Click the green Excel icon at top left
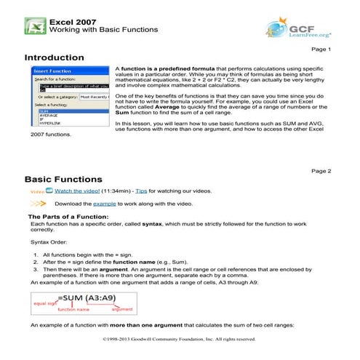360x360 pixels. click(x=33, y=25)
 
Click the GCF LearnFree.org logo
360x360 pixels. click(x=298, y=28)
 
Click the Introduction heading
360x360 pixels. click(x=54, y=57)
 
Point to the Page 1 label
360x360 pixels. click(x=321, y=49)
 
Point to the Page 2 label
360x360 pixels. click(x=321, y=170)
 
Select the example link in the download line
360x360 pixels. click(x=104, y=204)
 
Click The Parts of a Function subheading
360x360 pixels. click(x=68, y=217)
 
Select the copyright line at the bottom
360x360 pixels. click(x=180, y=338)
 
